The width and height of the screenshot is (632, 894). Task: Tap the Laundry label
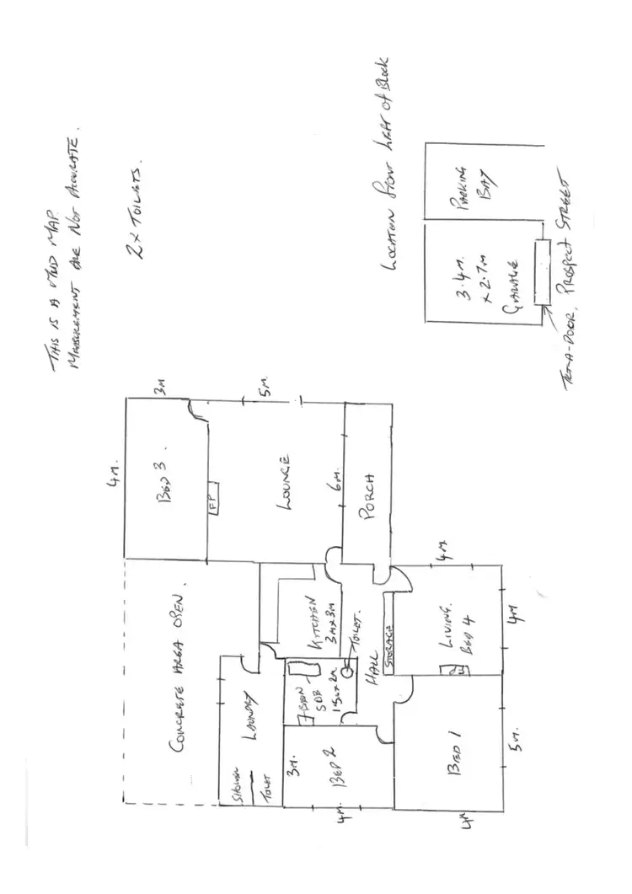click(249, 715)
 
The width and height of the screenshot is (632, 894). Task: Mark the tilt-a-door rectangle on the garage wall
click(541, 272)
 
